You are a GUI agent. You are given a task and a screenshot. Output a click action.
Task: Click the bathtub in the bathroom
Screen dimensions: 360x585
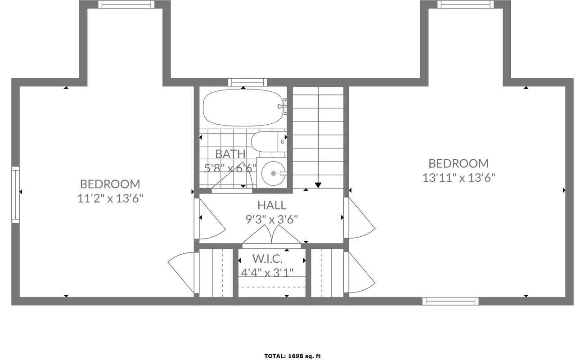tap(243, 108)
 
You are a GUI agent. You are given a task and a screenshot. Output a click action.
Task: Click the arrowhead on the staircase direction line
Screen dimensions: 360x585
tap(318, 185)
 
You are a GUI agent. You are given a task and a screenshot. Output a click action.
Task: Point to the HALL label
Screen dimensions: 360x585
tap(271, 205)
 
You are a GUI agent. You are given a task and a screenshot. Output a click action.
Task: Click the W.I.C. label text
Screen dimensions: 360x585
tap(267, 259)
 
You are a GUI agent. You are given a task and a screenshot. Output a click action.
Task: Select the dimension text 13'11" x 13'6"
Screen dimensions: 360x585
tap(458, 178)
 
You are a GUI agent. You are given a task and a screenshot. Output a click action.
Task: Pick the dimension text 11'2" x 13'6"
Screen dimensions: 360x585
tap(110, 198)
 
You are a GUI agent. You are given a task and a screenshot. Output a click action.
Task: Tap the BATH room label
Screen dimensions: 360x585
tap(230, 154)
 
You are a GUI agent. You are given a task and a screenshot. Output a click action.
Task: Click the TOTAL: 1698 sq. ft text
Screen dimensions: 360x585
tap(292, 356)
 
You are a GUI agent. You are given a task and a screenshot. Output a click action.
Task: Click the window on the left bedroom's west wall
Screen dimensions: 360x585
tap(16, 194)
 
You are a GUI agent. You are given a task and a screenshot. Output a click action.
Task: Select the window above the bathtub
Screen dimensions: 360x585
tap(244, 82)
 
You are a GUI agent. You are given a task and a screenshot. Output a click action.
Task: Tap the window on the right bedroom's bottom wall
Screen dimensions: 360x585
tap(450, 301)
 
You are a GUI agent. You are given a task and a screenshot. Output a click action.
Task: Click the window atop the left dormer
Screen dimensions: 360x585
tap(126, 4)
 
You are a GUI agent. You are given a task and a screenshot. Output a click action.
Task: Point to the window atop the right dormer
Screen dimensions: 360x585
tap(465, 4)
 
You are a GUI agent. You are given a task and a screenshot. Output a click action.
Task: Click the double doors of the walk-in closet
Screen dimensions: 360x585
tap(271, 238)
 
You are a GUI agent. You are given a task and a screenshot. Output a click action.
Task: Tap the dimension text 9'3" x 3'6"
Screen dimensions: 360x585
tap(271, 219)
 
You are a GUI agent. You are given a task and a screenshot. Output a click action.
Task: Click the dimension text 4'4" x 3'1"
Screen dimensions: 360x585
tap(267, 272)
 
